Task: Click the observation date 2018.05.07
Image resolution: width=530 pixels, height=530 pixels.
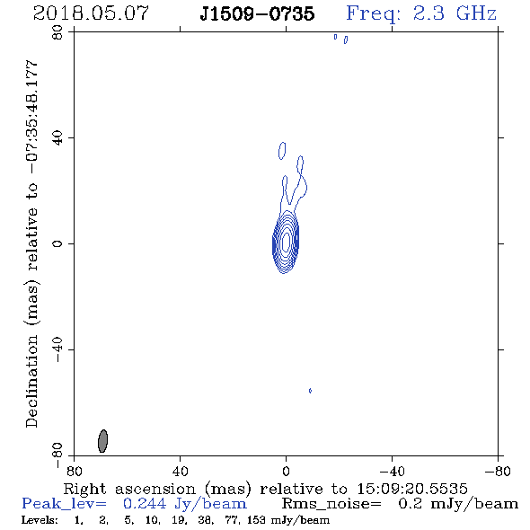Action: point(91,13)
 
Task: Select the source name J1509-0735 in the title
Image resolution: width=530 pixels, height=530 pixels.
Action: point(257,13)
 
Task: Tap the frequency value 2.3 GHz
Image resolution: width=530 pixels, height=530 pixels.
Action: point(455,13)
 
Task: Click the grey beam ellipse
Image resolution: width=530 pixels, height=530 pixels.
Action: point(102,441)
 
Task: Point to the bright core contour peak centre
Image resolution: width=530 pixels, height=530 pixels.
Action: point(286,242)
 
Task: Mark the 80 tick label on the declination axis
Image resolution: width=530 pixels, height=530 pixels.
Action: point(57,32)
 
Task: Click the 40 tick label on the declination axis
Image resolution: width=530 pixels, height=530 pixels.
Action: point(57,138)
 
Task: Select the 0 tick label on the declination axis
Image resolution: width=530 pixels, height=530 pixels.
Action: point(57,243)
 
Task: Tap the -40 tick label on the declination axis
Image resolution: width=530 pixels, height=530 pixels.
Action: point(57,349)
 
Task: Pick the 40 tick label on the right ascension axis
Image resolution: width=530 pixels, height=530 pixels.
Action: point(180,471)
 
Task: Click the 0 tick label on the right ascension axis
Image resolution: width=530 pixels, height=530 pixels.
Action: point(286,471)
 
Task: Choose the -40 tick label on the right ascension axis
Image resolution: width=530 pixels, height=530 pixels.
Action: point(392,471)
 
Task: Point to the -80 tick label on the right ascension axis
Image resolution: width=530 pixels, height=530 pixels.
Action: point(498,471)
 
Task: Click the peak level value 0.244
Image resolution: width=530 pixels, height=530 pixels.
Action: point(145,504)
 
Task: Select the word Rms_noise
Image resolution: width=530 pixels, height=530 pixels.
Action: point(331,504)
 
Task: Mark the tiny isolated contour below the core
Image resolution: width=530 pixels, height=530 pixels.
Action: point(310,391)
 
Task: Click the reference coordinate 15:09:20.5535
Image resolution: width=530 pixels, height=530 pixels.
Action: point(412,489)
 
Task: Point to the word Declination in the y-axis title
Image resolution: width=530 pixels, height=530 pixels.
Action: point(31,381)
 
